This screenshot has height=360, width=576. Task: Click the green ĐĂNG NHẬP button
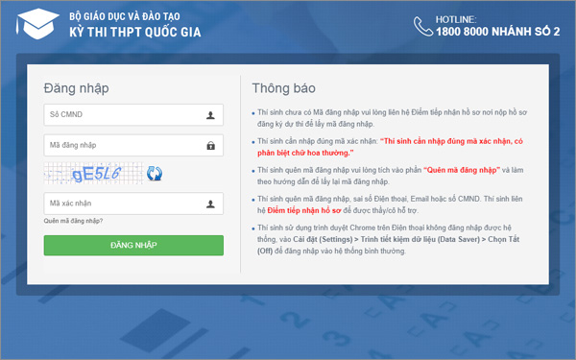point(133,246)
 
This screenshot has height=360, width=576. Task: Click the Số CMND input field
point(125,115)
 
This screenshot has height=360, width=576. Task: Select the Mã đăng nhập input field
point(125,146)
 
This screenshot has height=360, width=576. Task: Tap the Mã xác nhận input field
point(125,204)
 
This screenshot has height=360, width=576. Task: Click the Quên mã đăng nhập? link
point(73,222)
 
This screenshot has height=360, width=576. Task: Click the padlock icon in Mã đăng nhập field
point(210,146)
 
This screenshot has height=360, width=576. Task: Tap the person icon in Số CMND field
point(210,115)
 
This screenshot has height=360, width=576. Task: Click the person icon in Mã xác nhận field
point(210,204)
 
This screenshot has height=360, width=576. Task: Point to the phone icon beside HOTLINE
point(424,25)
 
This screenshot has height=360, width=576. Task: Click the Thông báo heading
point(283,88)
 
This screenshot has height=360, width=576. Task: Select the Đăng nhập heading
point(76,88)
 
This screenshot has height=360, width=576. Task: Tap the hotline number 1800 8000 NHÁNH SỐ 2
point(497,32)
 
